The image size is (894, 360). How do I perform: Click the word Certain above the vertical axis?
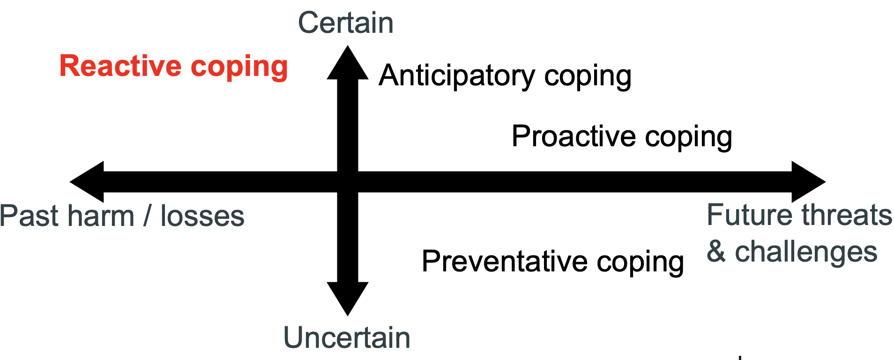(x=346, y=23)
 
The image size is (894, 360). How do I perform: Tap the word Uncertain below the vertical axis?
(x=347, y=337)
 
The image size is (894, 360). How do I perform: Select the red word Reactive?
(x=120, y=66)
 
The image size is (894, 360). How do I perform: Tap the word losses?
(x=202, y=216)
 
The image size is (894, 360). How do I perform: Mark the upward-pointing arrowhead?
(x=348, y=63)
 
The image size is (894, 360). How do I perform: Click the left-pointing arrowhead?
(x=87, y=181)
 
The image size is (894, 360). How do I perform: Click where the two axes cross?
(x=348, y=181)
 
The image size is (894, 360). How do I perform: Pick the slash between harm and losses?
(x=148, y=216)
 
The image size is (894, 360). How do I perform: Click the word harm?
(x=101, y=216)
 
